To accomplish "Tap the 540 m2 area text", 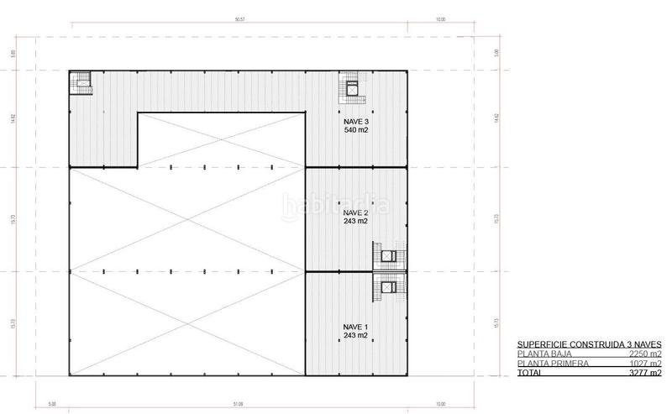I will (x=356, y=130).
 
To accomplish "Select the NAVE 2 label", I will (x=356, y=212).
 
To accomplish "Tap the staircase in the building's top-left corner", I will (x=81, y=82).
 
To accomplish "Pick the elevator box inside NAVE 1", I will (x=388, y=286).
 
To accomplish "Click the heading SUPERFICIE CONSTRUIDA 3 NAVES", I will (x=589, y=344).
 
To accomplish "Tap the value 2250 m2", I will (x=644, y=354).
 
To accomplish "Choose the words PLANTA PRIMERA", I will (x=549, y=363).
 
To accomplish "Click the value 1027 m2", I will (x=644, y=363).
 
